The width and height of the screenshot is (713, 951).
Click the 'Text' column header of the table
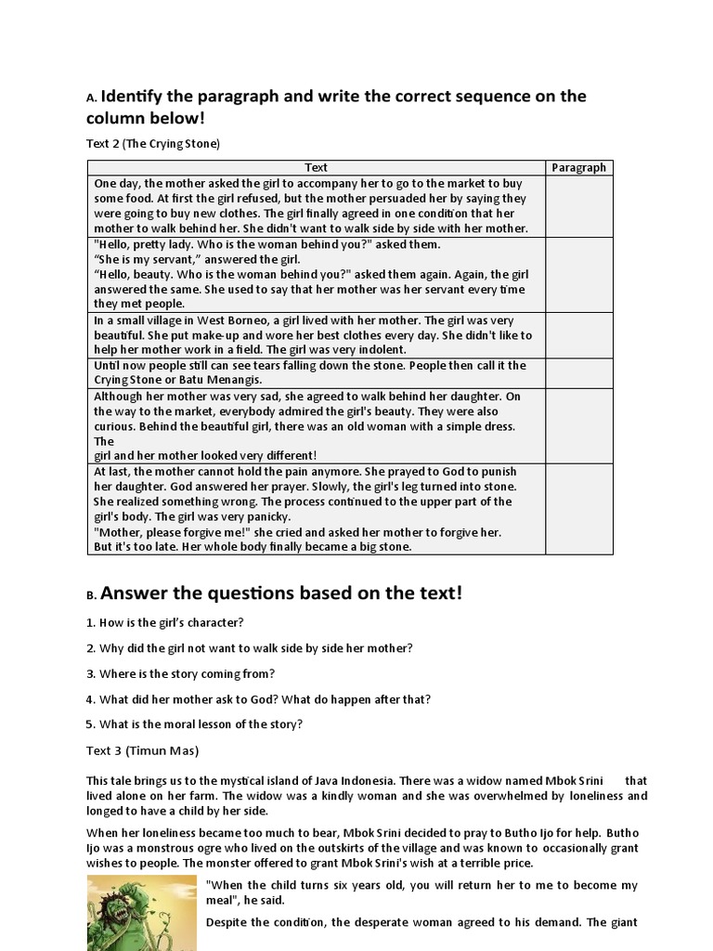click(317, 167)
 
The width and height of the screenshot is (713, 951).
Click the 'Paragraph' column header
click(578, 167)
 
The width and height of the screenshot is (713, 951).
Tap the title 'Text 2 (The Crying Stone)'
click(153, 143)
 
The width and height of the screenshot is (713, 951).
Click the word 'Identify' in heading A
click(139, 97)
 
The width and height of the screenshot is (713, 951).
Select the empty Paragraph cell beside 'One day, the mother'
click(578, 205)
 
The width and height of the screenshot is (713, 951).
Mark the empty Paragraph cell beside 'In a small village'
click(578, 335)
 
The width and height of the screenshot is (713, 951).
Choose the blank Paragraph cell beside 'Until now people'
click(578, 373)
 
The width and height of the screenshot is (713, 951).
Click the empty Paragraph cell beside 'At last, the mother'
click(578, 509)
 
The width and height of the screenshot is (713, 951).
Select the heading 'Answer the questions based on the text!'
click(280, 593)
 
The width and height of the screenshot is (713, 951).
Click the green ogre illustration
click(139, 914)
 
